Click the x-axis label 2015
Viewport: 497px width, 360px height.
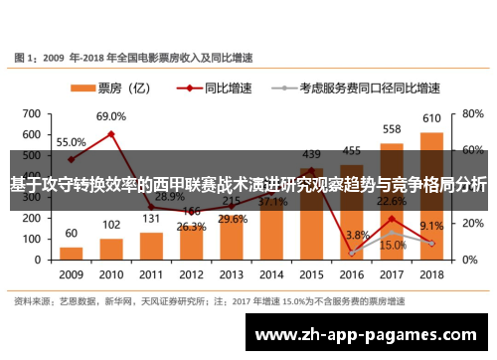point(311,273)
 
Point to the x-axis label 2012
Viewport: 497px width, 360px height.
point(191,273)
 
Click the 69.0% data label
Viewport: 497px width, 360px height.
point(111,116)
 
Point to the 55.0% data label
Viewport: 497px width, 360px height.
point(71,141)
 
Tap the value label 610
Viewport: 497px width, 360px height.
point(431,119)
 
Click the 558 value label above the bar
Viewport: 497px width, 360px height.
point(392,129)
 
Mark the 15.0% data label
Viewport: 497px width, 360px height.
point(393,245)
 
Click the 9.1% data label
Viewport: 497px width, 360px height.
point(431,226)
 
